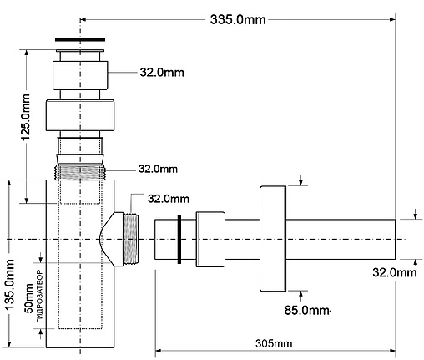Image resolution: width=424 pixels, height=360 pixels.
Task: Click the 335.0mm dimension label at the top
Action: click(x=238, y=20)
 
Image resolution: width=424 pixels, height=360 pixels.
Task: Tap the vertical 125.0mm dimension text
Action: click(x=26, y=118)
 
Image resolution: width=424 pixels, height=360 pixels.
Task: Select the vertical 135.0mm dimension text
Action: click(x=9, y=285)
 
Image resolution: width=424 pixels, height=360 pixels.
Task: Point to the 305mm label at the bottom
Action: click(x=274, y=343)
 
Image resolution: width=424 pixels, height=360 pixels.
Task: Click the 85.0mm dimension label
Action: click(x=307, y=310)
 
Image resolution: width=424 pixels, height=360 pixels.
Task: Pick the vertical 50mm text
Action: click(x=28, y=298)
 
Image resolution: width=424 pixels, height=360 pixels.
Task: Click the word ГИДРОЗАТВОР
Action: click(x=40, y=297)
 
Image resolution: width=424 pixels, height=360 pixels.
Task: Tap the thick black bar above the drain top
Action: click(x=80, y=39)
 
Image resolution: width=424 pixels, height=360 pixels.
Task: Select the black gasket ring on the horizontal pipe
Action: click(x=179, y=239)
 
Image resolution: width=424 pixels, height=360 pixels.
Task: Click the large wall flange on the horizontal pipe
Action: click(x=273, y=239)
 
